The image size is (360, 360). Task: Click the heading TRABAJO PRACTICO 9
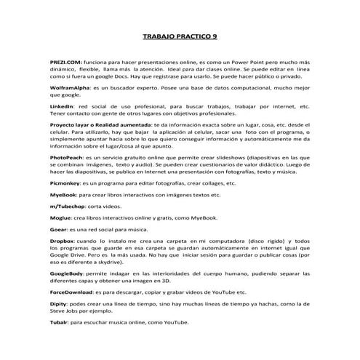tap(180, 35)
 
